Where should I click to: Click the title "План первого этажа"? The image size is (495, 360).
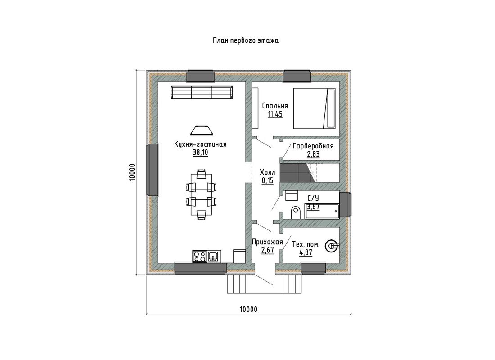[x=246, y=41]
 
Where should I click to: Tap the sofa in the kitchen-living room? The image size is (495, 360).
[x=202, y=92]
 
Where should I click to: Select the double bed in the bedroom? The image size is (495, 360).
[x=314, y=108]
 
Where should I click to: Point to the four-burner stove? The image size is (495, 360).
[x=200, y=256]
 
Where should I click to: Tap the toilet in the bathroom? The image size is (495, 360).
[x=296, y=212]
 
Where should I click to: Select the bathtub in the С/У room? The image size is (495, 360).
[x=322, y=211]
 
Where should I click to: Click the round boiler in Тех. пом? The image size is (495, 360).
[x=333, y=245]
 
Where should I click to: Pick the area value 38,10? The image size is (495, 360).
[x=200, y=153]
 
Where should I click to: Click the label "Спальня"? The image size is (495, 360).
[x=275, y=106]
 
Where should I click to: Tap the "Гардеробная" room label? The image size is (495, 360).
[x=313, y=146]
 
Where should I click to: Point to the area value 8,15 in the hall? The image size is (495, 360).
[x=267, y=180]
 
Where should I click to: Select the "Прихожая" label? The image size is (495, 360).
[x=267, y=242]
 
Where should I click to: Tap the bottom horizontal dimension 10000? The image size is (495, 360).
[x=248, y=309]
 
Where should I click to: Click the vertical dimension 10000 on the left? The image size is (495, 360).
[x=132, y=172]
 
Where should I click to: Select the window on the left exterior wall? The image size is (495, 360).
[x=153, y=170]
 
